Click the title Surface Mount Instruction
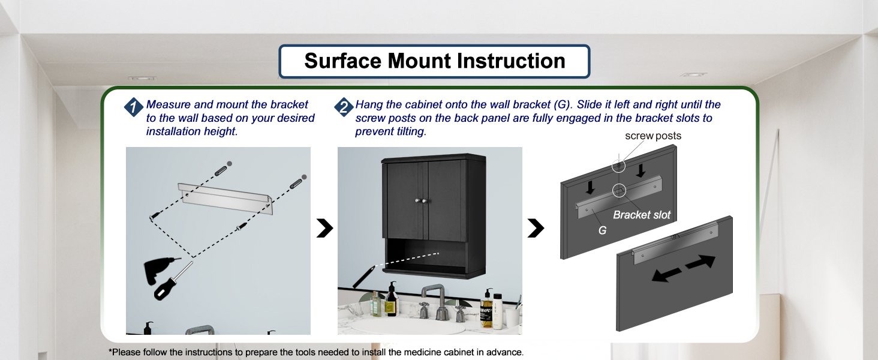pyautogui.click(x=434, y=61)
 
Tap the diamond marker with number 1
pyautogui.click(x=133, y=107)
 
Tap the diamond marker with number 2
pyautogui.click(x=343, y=107)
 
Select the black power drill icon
pyautogui.click(x=158, y=273)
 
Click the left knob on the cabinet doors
pyautogui.click(x=417, y=200)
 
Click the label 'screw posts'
pyautogui.click(x=653, y=136)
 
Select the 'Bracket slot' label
pyautogui.click(x=642, y=215)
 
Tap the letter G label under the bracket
pyautogui.click(x=602, y=229)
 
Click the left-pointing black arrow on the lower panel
pyautogui.click(x=666, y=274)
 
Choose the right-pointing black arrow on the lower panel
pyautogui.click(x=700, y=262)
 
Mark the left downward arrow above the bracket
pyautogui.click(x=591, y=187)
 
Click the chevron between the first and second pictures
pyautogui.click(x=324, y=228)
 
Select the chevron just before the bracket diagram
pyautogui.click(x=536, y=228)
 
